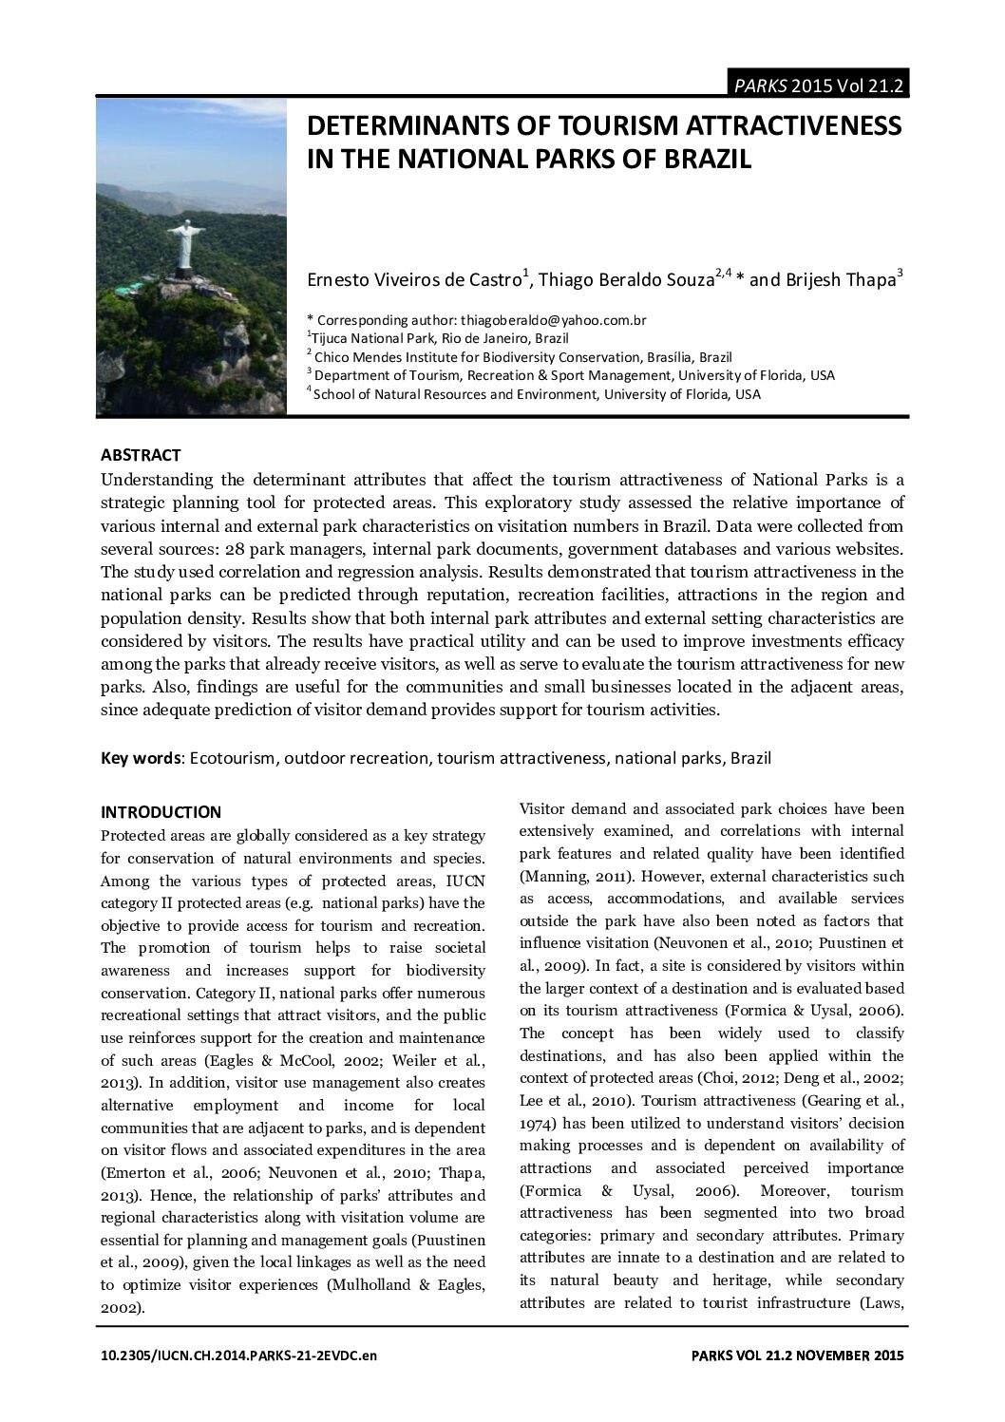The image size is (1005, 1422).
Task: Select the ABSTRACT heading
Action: click(141, 455)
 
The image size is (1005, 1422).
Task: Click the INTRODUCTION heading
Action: click(161, 812)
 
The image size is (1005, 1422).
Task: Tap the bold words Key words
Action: click(142, 758)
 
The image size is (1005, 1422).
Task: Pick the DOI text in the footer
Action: click(238, 1356)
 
